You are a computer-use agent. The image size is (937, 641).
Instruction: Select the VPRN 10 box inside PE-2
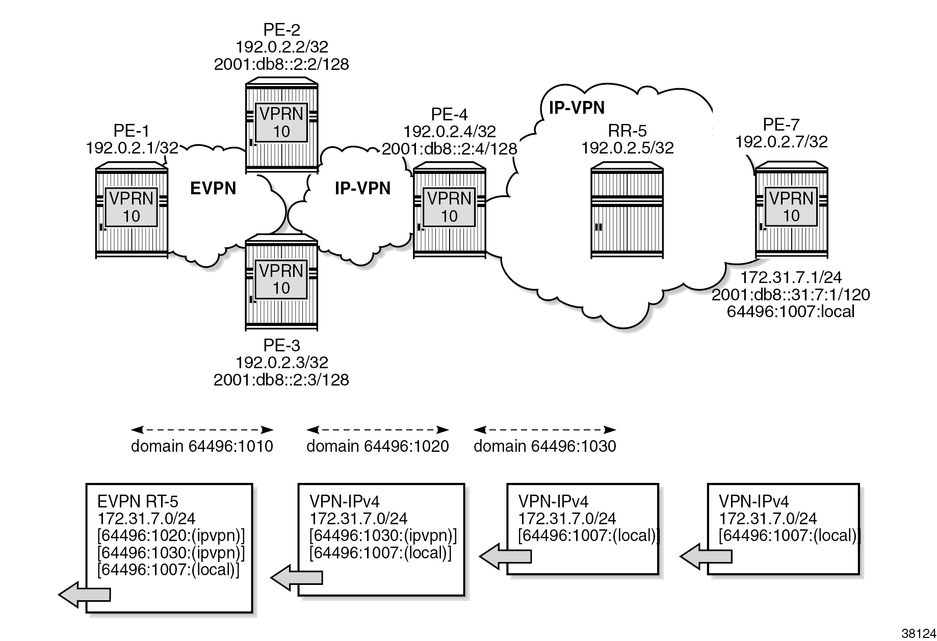tap(281, 123)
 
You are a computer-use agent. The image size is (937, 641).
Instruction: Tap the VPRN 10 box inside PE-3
tap(281, 279)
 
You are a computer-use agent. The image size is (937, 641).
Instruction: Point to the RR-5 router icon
tap(627, 211)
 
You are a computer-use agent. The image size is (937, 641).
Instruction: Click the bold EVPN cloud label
tap(213, 189)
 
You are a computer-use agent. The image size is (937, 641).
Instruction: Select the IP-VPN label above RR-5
tap(577, 108)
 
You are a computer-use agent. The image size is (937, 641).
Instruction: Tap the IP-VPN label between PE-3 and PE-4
tap(362, 189)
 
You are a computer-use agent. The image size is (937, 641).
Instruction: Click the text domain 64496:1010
tap(202, 446)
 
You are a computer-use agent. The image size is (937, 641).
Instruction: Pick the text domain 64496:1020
tap(377, 446)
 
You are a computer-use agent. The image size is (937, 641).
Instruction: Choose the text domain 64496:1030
tap(544, 446)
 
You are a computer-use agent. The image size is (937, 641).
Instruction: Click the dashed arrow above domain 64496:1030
tap(544, 429)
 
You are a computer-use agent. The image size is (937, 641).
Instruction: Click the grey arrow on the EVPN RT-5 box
tap(85, 594)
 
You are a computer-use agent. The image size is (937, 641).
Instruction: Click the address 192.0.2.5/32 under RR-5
tap(627, 148)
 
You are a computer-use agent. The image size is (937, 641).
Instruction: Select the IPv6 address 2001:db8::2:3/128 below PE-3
tap(281, 379)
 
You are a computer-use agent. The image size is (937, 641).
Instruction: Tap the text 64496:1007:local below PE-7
tap(790, 311)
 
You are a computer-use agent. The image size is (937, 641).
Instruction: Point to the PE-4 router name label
tap(449, 114)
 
